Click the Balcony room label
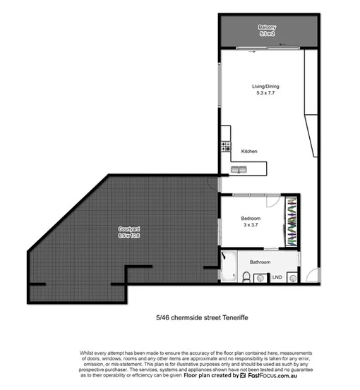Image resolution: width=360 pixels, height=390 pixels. coord(267,27)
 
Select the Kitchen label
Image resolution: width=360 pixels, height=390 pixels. coord(249,152)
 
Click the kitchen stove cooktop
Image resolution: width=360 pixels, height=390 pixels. coord(227,147)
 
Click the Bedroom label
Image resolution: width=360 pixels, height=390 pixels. coord(251,218)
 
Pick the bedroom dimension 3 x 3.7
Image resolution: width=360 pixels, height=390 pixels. coord(251,224)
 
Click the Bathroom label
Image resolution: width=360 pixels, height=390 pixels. coord(260,262)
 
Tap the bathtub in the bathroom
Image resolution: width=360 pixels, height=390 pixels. coord(229,266)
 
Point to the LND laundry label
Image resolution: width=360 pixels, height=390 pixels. coord(277,277)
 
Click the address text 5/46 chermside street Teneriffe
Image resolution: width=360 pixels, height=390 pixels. coord(202,318)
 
